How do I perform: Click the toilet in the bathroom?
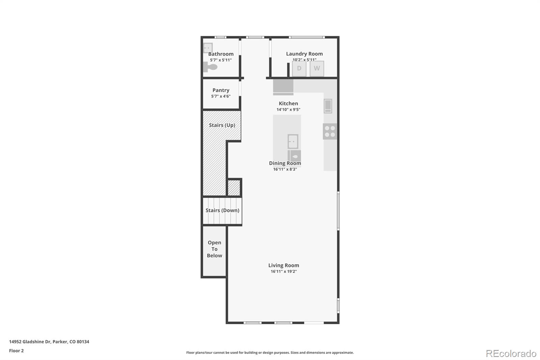click(210, 67)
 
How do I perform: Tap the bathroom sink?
click(208, 48)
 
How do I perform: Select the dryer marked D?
click(299, 69)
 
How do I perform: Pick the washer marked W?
click(317, 69)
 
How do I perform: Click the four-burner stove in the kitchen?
click(330, 131)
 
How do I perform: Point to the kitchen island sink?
click(293, 142)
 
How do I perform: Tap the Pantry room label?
click(221, 90)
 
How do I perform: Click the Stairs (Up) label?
click(222, 125)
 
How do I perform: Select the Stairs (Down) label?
click(222, 210)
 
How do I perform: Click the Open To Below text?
click(214, 249)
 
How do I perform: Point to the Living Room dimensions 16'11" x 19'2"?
click(283, 272)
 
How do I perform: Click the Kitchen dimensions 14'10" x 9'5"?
click(288, 109)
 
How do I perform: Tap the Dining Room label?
click(285, 163)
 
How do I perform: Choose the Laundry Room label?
click(304, 54)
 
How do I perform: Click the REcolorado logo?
click(511, 353)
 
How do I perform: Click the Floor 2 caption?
click(16, 351)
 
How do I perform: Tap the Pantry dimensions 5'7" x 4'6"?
click(221, 96)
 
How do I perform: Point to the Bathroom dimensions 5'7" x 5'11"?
click(221, 60)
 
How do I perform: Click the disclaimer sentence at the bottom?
click(270, 353)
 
